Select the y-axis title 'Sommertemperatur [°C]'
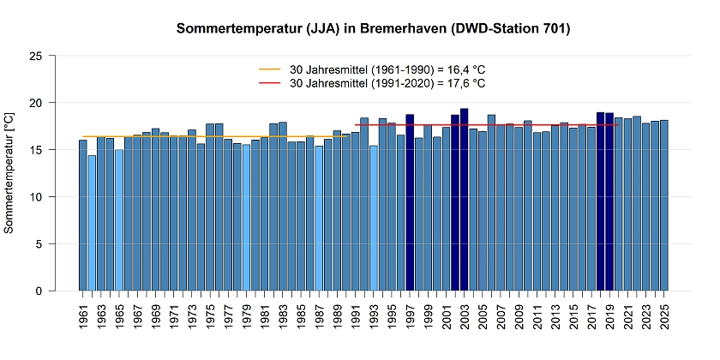[x=9, y=172]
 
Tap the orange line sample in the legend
[x=270, y=69]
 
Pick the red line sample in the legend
[x=270, y=83]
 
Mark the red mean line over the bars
[x=514, y=125]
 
